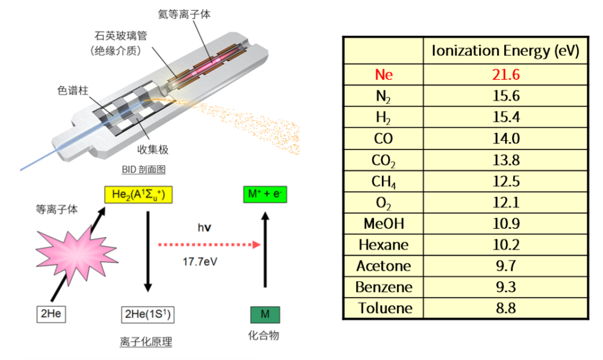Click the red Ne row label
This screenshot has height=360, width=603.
click(x=384, y=75)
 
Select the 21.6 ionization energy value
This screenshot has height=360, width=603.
click(x=506, y=75)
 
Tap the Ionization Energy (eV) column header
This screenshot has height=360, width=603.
click(x=505, y=51)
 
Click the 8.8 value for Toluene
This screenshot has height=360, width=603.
click(x=506, y=308)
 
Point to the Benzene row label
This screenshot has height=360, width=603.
click(x=384, y=287)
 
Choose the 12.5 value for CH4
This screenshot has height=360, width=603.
click(x=506, y=181)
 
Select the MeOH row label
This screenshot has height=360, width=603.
click(x=384, y=224)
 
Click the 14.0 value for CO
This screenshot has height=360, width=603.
click(x=506, y=138)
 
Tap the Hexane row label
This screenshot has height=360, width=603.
click(x=384, y=245)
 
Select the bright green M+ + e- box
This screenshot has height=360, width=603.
click(x=265, y=195)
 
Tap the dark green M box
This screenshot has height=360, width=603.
click(x=265, y=315)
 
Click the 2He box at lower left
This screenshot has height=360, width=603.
click(x=51, y=314)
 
